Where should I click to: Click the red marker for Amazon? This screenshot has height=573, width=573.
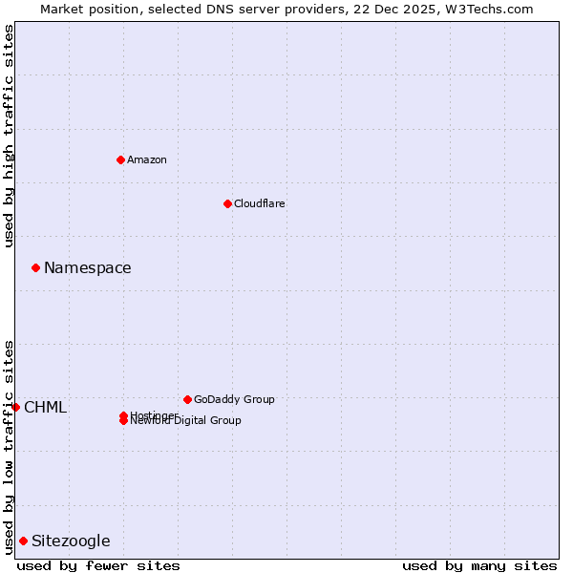pos(120,159)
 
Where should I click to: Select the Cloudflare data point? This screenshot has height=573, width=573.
pos(227,203)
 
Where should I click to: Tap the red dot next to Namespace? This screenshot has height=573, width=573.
pos(35,267)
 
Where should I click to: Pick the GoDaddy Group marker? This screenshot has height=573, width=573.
pos(187,399)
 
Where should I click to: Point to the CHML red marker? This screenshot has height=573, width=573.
pos(15,407)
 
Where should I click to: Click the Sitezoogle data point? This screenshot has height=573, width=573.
pos(23,541)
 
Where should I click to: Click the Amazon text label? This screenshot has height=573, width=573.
pos(146,159)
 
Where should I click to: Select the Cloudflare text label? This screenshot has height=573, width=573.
pos(259,203)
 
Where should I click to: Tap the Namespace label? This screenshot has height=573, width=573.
pos(87,267)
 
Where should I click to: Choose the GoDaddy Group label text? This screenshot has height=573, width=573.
pos(234,399)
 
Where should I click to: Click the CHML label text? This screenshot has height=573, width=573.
pos(45,407)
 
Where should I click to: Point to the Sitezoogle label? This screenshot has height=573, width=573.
pos(71,541)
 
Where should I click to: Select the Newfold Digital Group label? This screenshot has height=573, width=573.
pos(186,421)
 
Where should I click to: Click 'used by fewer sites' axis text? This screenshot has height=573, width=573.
pos(98,565)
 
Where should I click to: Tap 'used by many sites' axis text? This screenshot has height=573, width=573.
pos(479,565)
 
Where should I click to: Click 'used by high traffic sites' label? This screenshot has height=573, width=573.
pos(10,136)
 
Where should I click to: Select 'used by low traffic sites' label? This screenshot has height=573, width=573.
pos(10,447)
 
